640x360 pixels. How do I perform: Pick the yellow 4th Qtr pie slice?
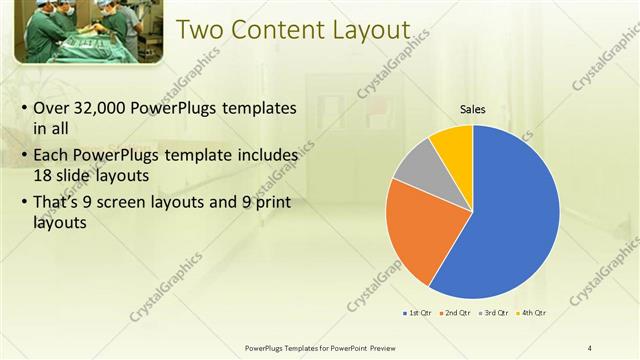tap(453, 143)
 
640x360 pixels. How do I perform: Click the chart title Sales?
tap(473, 109)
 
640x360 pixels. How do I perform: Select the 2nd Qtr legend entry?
tap(456, 313)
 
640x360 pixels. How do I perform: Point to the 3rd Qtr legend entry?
tap(495, 313)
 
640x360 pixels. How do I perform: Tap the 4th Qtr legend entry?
tap(533, 313)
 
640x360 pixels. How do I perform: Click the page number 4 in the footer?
tap(590, 347)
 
